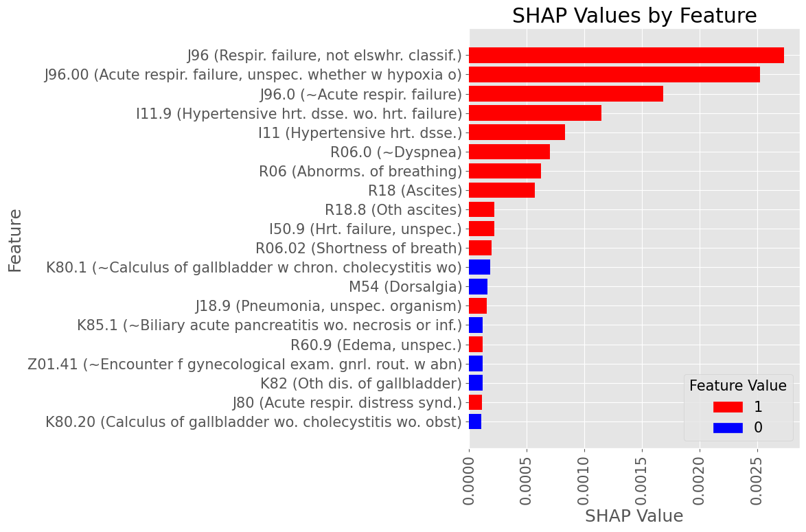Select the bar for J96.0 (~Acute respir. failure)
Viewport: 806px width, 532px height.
[x=566, y=94]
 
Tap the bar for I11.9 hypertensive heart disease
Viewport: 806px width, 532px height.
[x=535, y=113]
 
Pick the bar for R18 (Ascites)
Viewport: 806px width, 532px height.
[x=501, y=190]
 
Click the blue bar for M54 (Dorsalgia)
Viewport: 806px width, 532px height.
[x=478, y=286]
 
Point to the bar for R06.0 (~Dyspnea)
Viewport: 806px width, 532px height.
[x=509, y=152]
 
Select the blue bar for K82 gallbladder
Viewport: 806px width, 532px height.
[x=475, y=382]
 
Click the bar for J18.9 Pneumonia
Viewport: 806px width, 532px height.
[x=477, y=305]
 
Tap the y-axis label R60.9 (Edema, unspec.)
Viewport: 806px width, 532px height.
[x=376, y=345]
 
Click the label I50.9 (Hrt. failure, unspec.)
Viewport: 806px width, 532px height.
[x=365, y=229]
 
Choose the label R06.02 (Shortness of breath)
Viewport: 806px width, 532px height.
[x=358, y=248]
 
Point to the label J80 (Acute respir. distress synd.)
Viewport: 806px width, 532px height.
[x=347, y=402]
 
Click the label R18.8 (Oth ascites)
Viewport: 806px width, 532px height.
[x=393, y=209]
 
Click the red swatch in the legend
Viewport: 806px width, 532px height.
[x=728, y=407]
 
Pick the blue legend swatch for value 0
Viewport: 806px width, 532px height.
[x=728, y=428]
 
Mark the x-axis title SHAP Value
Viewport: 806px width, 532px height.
[x=634, y=516]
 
